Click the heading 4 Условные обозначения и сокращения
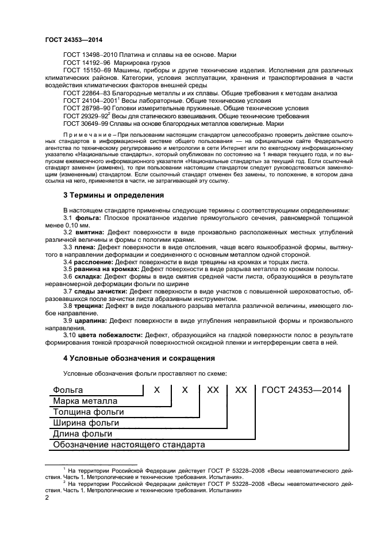point(139,358)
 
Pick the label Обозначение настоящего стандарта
point(129,445)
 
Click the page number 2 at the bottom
point(47,499)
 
